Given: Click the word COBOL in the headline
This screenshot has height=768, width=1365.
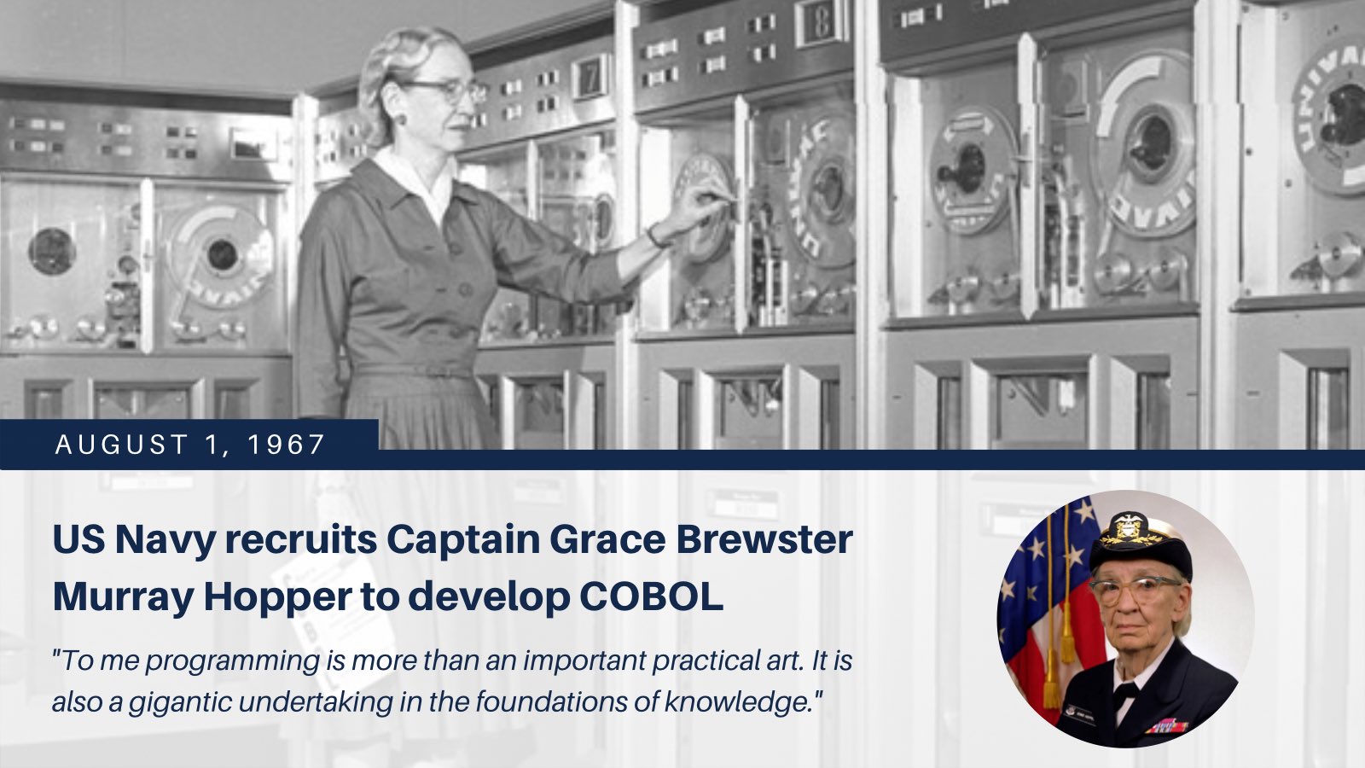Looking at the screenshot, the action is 651,598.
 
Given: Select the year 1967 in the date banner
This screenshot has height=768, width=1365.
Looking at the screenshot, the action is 287,445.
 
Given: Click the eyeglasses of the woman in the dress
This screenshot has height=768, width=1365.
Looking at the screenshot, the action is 447,90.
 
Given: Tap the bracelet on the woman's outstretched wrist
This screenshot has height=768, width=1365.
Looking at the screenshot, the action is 656,236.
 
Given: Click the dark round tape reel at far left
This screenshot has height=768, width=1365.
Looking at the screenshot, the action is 52,251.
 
